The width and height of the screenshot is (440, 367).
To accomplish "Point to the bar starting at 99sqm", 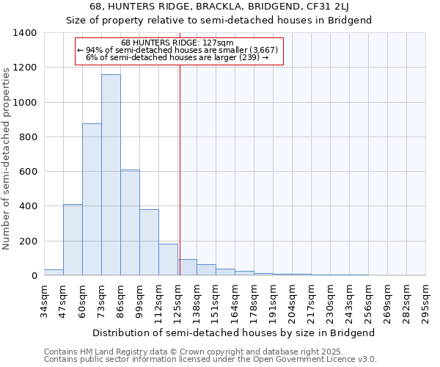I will click(x=149, y=242).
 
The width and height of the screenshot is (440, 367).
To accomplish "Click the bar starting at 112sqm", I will click(x=168, y=260).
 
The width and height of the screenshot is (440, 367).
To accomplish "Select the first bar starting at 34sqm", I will click(x=54, y=272).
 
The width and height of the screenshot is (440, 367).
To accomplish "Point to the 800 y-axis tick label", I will click(x=28, y=137).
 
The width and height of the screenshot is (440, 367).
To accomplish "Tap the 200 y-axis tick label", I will click(x=28, y=241).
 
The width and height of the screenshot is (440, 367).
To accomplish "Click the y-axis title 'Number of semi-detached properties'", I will click(x=7, y=158).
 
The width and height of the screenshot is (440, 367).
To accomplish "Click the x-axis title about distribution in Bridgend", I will click(x=234, y=333).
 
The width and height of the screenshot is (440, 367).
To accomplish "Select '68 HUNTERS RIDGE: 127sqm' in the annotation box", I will click(x=177, y=43).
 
